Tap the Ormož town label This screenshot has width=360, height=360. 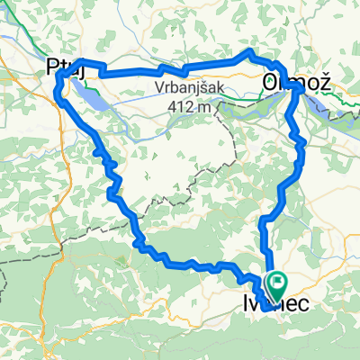coord(293,82)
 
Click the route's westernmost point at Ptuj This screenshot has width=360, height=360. coord(58,85)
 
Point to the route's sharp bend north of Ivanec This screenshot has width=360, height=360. coord(263,220)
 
